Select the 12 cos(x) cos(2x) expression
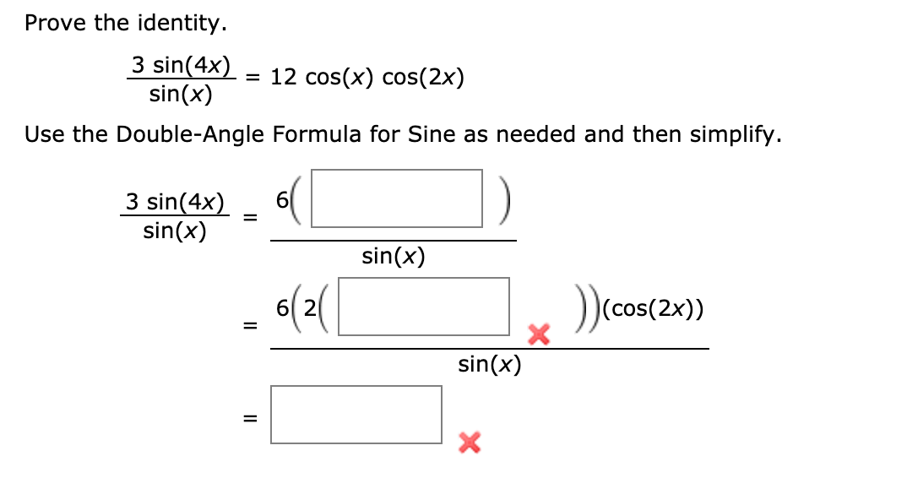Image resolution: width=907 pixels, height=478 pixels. [367, 79]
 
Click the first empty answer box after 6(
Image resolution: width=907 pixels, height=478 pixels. [397, 198]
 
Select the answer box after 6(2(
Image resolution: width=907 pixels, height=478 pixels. [424, 306]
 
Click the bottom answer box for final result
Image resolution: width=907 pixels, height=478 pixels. [356, 414]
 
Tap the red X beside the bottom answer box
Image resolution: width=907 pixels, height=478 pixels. [470, 441]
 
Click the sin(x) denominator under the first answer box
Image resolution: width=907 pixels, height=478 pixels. [393, 255]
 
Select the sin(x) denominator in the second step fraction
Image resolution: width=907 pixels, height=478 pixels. [489, 365]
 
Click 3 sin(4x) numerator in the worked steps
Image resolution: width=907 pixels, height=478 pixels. [175, 202]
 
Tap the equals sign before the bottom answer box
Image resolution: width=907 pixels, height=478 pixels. [249, 418]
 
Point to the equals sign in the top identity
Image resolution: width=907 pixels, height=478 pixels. [252, 79]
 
